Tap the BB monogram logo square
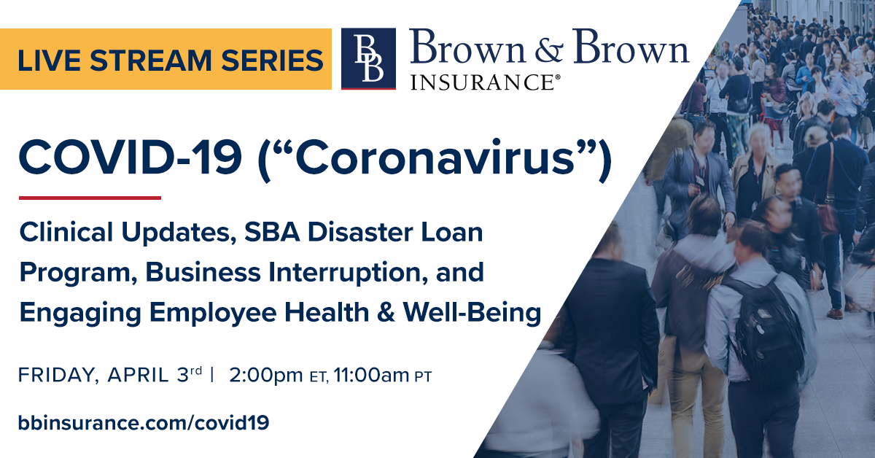368,58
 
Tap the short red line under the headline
90,197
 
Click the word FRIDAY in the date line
58,376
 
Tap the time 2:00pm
265,376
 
